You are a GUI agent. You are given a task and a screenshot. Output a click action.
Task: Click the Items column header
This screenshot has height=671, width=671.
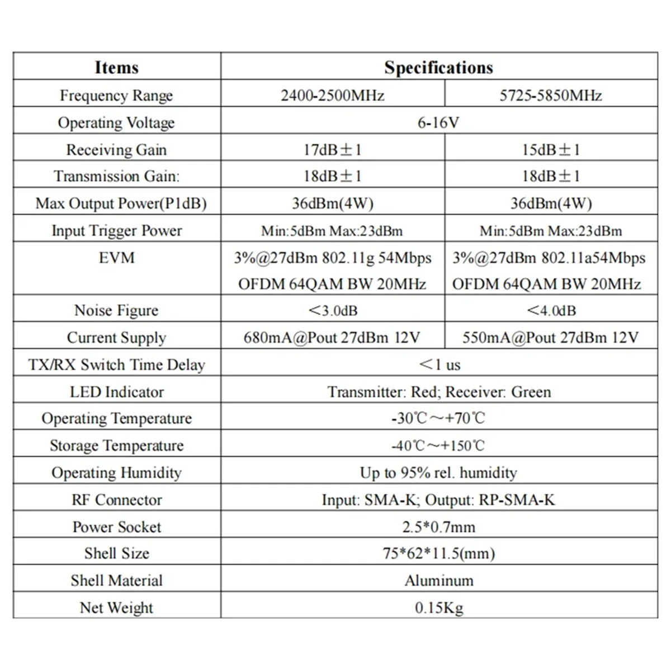coord(116,67)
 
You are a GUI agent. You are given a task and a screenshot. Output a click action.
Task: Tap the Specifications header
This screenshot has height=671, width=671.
coord(438,67)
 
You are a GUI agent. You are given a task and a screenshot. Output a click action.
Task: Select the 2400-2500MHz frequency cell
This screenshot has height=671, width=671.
coord(332,95)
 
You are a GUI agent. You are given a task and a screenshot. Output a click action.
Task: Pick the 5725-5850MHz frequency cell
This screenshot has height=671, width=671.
coord(551,95)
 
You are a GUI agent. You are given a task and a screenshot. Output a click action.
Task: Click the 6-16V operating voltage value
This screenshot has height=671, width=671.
coord(438,122)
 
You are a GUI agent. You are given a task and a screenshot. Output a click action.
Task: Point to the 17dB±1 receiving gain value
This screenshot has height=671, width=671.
coord(332,149)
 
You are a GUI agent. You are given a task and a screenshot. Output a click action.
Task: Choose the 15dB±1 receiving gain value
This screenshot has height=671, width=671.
coord(551,149)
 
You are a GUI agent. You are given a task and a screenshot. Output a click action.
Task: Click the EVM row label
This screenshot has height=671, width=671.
coord(116,258)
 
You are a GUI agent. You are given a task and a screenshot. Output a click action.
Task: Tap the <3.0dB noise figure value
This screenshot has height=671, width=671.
coord(332,310)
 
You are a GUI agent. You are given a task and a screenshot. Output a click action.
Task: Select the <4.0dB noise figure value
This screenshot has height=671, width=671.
coord(551,310)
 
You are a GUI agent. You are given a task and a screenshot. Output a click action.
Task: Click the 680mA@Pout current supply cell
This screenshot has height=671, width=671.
coord(332,337)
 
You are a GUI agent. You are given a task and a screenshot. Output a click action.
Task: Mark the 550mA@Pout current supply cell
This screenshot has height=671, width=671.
coord(551,337)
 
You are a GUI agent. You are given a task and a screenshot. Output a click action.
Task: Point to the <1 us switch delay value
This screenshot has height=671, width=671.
coord(440,365)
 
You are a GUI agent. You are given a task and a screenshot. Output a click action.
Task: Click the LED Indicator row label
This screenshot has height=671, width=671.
coord(116,391)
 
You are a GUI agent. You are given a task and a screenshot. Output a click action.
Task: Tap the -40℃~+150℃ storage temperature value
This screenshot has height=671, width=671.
coord(438,446)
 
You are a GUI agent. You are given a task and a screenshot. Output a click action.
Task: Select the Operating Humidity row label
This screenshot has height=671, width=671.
coord(116,472)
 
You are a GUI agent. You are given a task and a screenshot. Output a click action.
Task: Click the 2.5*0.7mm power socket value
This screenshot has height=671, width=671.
coord(438,527)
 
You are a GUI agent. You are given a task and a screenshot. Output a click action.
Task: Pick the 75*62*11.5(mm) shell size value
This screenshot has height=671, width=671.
coord(438,554)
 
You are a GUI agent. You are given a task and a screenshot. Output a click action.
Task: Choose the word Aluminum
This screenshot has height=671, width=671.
coord(438,580)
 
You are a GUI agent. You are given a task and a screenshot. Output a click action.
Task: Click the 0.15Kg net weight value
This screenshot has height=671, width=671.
coord(438,608)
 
